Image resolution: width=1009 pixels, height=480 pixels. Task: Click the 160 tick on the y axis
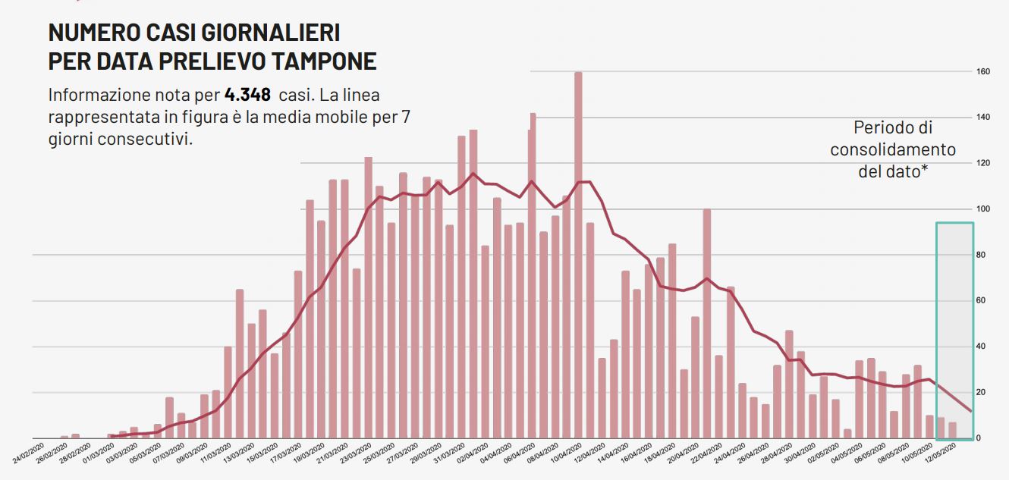983,72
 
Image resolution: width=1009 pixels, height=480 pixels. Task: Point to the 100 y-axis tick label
983,209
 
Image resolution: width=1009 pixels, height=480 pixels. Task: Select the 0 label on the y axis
979,438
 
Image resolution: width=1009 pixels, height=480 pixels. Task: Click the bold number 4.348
247,96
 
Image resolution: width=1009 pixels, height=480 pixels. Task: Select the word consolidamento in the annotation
893,149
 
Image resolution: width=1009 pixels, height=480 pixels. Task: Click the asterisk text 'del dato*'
893,171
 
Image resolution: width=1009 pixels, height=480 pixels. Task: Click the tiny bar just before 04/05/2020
847,434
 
